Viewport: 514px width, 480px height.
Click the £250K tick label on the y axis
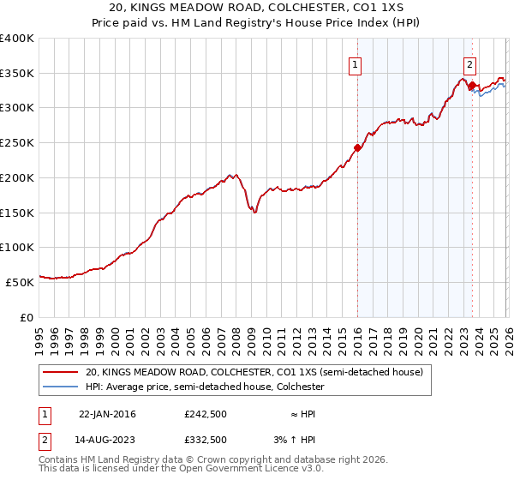click(17, 143)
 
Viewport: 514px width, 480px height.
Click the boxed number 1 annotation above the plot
click(355, 63)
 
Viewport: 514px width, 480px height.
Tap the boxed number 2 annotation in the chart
click(470, 63)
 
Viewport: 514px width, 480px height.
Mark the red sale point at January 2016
click(357, 147)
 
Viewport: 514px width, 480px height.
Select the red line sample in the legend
click(61, 373)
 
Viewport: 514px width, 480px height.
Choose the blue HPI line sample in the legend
click(61, 387)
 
